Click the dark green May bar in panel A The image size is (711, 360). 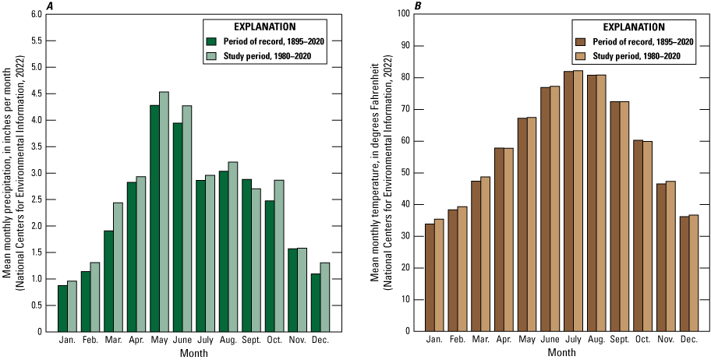tap(154, 218)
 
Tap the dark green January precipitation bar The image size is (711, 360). tap(62, 309)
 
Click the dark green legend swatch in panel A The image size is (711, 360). tap(210, 41)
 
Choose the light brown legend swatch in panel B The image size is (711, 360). tap(581, 56)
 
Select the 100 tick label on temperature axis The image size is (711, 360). tap(405, 14)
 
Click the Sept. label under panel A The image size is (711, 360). tap(252, 341)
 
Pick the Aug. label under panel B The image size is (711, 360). tap(596, 341)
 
